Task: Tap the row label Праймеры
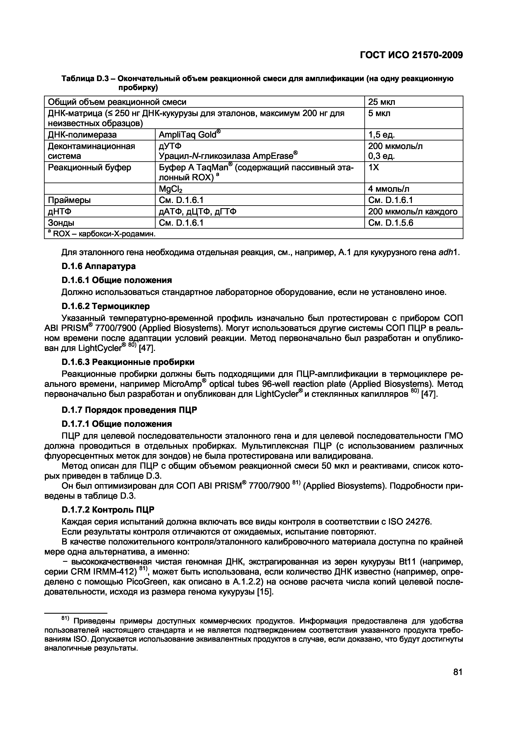(x=69, y=200)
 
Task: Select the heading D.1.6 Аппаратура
(x=98, y=266)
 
